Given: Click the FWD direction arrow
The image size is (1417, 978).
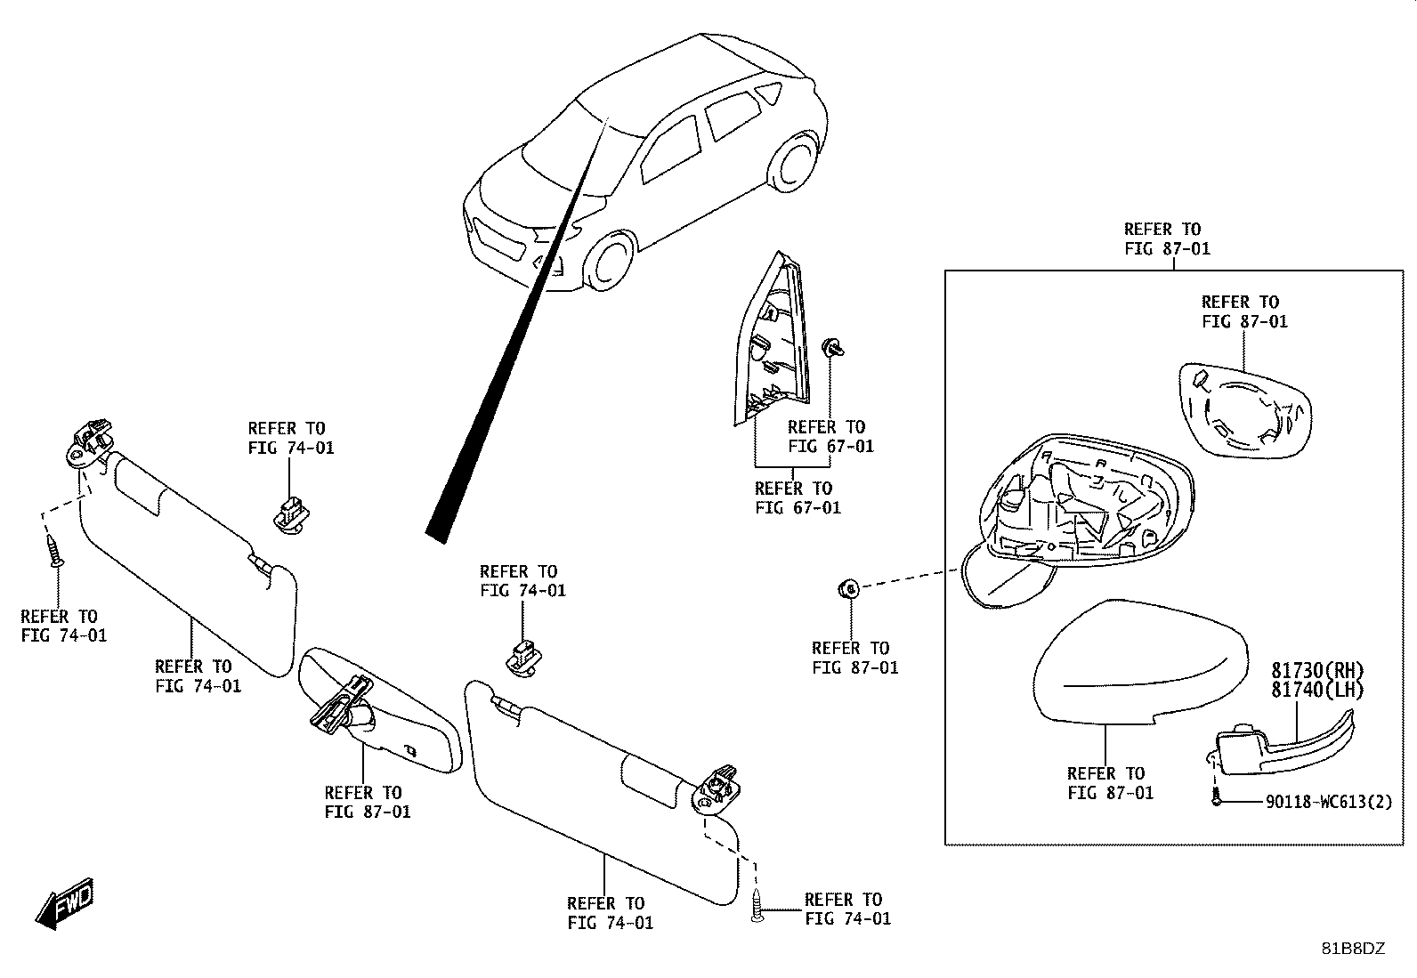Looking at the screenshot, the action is [x=64, y=903].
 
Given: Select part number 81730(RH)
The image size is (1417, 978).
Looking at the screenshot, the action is [x=1317, y=671].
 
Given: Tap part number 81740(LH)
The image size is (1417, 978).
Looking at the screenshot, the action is [x=1317, y=690].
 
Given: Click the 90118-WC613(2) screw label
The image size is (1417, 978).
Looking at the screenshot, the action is [x=1329, y=802].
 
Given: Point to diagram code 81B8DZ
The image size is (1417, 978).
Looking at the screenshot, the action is [x=1353, y=949].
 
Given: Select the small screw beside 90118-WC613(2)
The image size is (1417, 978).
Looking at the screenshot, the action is [x=1215, y=797].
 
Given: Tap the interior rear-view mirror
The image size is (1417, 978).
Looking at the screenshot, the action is [x=379, y=709].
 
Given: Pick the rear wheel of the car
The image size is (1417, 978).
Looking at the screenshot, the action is [x=793, y=162].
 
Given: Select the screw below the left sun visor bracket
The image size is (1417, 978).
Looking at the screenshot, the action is [x=55, y=551].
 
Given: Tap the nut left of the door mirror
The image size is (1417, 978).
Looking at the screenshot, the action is [x=849, y=589].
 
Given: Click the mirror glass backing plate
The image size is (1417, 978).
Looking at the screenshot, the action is [x=1245, y=411].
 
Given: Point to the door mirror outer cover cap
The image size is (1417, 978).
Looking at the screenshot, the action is [x=1140, y=661].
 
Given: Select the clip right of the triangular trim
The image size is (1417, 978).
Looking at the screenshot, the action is [x=832, y=347].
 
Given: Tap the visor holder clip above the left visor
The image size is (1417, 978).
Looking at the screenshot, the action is [x=291, y=516].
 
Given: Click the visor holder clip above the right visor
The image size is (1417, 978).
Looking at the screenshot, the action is [x=523, y=659].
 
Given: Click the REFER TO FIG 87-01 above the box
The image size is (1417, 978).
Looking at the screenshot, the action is [x=1167, y=238].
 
